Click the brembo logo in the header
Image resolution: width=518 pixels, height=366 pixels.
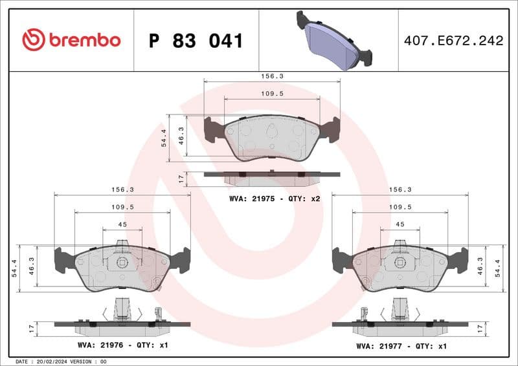point(71,40)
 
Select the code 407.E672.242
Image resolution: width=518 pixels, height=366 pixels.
point(453,41)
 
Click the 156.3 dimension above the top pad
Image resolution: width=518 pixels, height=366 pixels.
point(272,76)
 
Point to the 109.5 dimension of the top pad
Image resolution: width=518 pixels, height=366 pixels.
point(272,93)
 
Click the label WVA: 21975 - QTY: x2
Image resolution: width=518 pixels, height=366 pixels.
point(275,199)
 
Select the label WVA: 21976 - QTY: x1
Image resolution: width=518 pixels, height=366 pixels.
point(122,345)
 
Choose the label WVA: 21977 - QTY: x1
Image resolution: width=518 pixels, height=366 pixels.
point(401,346)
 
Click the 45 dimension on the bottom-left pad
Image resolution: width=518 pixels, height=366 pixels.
point(122,224)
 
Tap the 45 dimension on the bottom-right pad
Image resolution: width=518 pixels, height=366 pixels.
point(400,224)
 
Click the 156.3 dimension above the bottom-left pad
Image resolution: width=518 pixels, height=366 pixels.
point(122,189)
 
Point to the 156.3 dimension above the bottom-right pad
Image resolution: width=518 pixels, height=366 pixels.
point(400,189)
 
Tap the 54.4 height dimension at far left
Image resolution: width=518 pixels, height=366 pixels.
point(14,266)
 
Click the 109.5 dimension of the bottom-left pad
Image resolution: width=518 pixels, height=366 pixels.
point(122,207)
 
